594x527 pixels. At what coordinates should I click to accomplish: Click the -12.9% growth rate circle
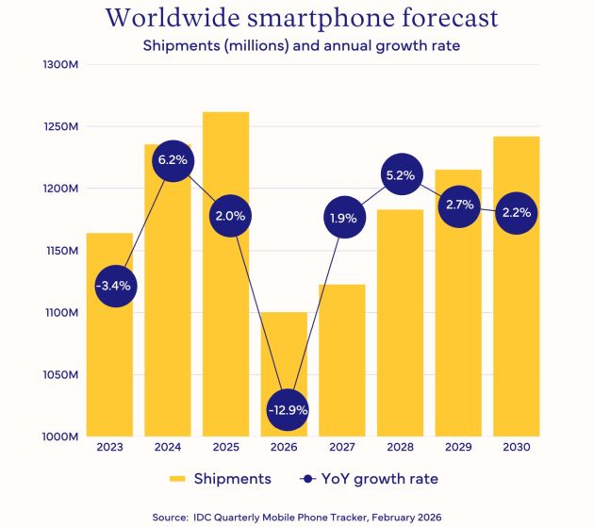click(x=284, y=410)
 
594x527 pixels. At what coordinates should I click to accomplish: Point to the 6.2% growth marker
click(x=173, y=160)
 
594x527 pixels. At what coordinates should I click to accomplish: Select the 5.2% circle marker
click(x=401, y=174)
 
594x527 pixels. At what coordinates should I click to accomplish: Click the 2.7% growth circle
click(x=459, y=205)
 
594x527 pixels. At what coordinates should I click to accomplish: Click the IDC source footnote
click(x=296, y=517)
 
